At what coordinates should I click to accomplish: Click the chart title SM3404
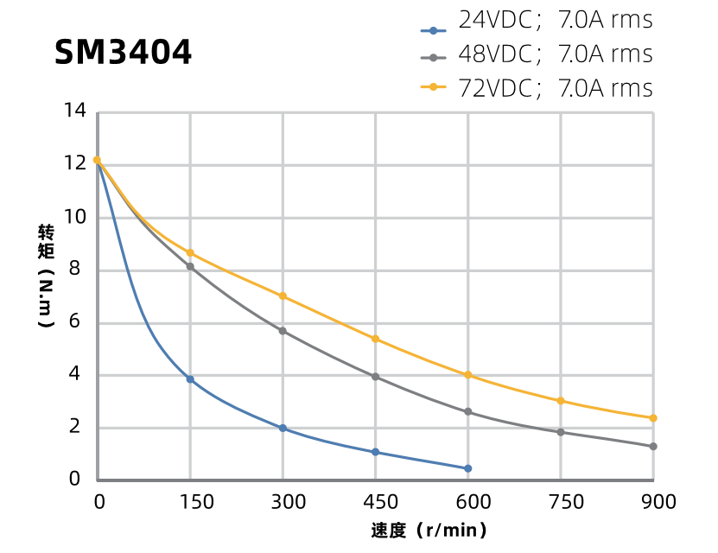123,54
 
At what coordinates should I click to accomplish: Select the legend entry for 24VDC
536,21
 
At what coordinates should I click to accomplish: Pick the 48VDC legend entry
536,54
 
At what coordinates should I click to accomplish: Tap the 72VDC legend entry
536,88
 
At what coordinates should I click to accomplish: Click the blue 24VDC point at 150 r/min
190,379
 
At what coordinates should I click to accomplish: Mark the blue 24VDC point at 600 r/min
468,468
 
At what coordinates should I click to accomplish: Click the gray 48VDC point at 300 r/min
283,331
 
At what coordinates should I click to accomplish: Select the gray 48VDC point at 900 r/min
653,447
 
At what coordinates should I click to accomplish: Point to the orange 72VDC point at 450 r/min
375,339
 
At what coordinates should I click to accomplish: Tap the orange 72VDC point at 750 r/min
561,401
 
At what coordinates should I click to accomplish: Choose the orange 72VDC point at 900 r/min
653,418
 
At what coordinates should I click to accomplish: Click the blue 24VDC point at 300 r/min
283,429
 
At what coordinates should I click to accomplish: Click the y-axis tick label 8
75,270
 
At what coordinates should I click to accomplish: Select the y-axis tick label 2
75,427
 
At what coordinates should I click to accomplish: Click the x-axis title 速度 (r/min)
429,531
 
